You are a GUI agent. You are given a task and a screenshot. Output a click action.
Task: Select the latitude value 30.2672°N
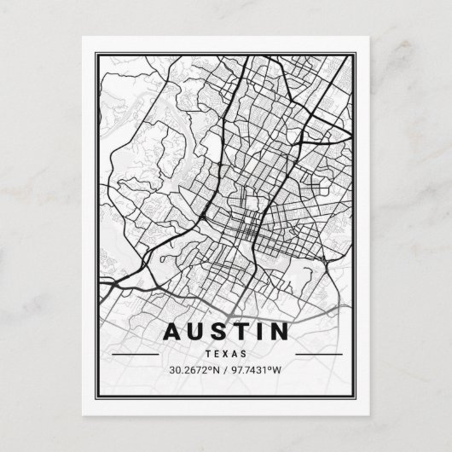point(193,369)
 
